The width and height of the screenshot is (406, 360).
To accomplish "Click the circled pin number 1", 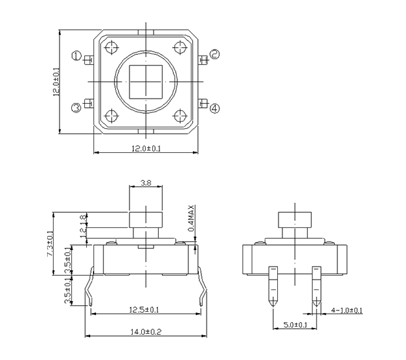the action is tap(76, 56).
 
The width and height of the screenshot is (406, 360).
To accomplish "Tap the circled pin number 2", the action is tap(214, 54).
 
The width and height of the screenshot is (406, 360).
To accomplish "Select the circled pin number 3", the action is tap(76, 108).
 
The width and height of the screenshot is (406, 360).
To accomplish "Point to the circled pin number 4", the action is tap(214, 108).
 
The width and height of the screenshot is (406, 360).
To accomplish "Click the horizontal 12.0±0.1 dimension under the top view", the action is tap(146, 148).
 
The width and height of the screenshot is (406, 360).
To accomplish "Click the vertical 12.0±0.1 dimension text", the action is tap(56, 82).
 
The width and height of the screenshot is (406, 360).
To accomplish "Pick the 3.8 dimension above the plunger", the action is tap(146, 183).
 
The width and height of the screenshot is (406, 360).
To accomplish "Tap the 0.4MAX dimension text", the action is tap(191, 218).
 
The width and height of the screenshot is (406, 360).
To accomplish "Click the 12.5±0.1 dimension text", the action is tap(144, 310).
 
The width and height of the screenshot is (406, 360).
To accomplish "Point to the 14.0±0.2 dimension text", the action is tap(146, 332).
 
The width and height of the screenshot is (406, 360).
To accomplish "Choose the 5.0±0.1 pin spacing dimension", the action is tap(295, 325).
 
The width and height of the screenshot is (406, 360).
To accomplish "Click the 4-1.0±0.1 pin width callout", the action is tap(347, 310).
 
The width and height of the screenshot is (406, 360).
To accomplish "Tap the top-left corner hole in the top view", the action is tap(112, 48).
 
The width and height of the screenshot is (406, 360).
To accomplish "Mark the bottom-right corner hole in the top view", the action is tap(180, 116).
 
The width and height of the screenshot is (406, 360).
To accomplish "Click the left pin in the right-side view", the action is tap(273, 286).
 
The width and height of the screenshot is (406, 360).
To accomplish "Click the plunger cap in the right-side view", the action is tap(295, 220).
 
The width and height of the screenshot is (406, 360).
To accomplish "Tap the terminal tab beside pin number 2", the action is tap(203, 60).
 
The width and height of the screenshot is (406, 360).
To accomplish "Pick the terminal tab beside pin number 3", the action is tap(89, 103).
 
